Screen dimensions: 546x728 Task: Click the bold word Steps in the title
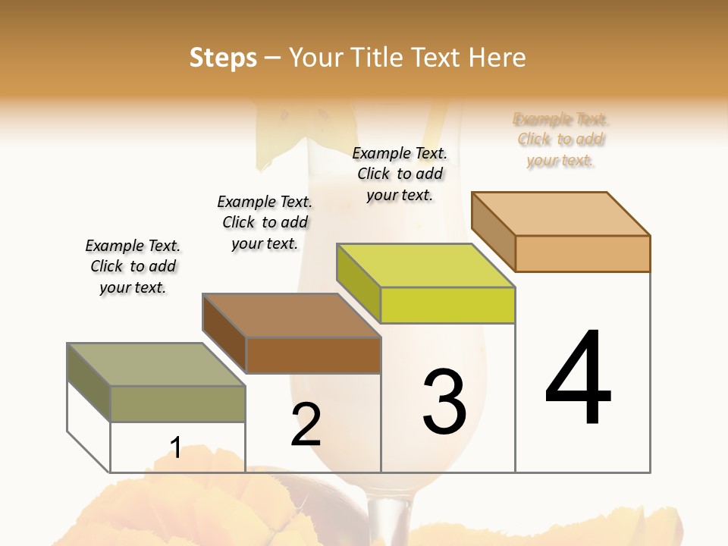(x=223, y=58)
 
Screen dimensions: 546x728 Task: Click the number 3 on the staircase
(x=444, y=401)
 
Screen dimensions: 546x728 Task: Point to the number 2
(x=306, y=425)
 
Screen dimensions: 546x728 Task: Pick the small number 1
(x=175, y=447)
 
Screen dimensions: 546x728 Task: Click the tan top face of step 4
(x=560, y=213)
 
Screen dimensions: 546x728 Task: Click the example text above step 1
(x=133, y=266)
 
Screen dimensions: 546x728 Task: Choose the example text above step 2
(x=265, y=222)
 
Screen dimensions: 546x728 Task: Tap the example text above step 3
(x=400, y=174)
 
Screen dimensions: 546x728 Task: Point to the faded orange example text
(x=560, y=140)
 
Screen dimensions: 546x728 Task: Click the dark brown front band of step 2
(x=313, y=355)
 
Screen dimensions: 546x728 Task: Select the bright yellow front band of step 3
(x=447, y=305)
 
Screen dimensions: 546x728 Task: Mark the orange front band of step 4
(x=582, y=253)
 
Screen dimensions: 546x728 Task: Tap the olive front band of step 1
(x=177, y=403)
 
